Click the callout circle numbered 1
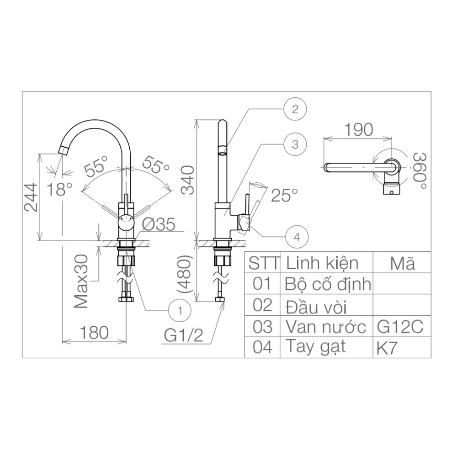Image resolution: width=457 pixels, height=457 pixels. (x=180, y=311)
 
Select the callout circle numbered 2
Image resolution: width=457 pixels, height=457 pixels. (x=295, y=109)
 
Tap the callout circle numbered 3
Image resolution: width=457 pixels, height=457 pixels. (x=295, y=144)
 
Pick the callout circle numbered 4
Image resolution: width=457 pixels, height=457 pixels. (x=297, y=236)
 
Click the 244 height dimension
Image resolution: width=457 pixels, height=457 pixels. (x=31, y=197)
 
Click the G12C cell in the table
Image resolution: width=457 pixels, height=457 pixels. (x=400, y=327)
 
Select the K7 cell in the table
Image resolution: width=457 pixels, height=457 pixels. (x=387, y=348)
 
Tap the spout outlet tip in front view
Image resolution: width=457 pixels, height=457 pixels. (x=64, y=150)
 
